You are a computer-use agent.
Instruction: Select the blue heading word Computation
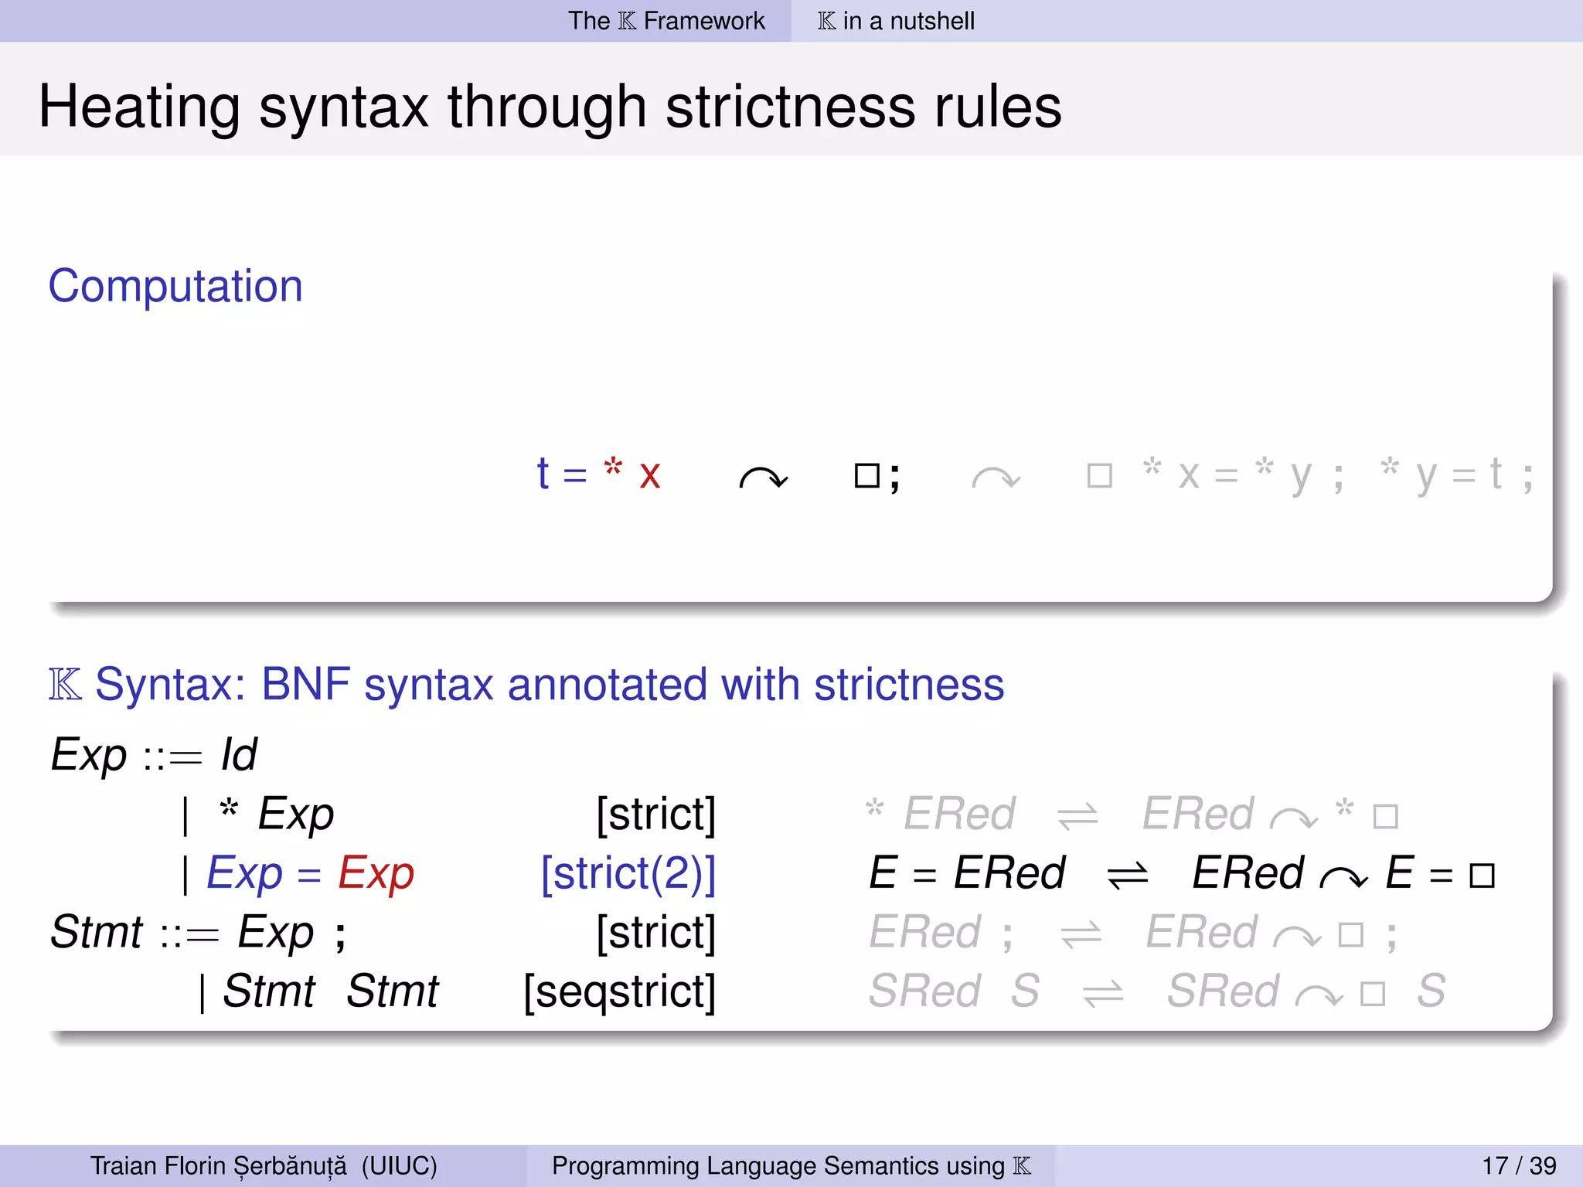click(175, 286)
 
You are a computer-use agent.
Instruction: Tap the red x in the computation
click(649, 475)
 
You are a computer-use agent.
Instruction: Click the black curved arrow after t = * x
click(763, 478)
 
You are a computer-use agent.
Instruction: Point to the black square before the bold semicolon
click(866, 475)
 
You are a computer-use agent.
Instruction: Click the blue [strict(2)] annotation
click(628, 873)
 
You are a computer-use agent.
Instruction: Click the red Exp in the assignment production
click(376, 874)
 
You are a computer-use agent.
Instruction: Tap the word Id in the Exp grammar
click(239, 754)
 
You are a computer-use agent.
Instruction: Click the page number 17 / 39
click(1519, 1165)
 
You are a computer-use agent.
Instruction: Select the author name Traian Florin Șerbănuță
click(219, 1165)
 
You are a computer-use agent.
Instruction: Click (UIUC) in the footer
click(399, 1165)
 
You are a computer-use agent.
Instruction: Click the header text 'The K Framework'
click(666, 21)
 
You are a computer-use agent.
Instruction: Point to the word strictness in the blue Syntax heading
click(909, 685)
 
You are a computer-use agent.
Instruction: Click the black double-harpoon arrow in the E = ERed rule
click(1128, 876)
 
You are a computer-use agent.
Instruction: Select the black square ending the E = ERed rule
click(1482, 876)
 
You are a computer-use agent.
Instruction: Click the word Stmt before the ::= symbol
click(97, 932)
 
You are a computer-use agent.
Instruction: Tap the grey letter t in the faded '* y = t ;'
click(1496, 474)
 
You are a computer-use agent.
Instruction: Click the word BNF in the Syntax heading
click(305, 685)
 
